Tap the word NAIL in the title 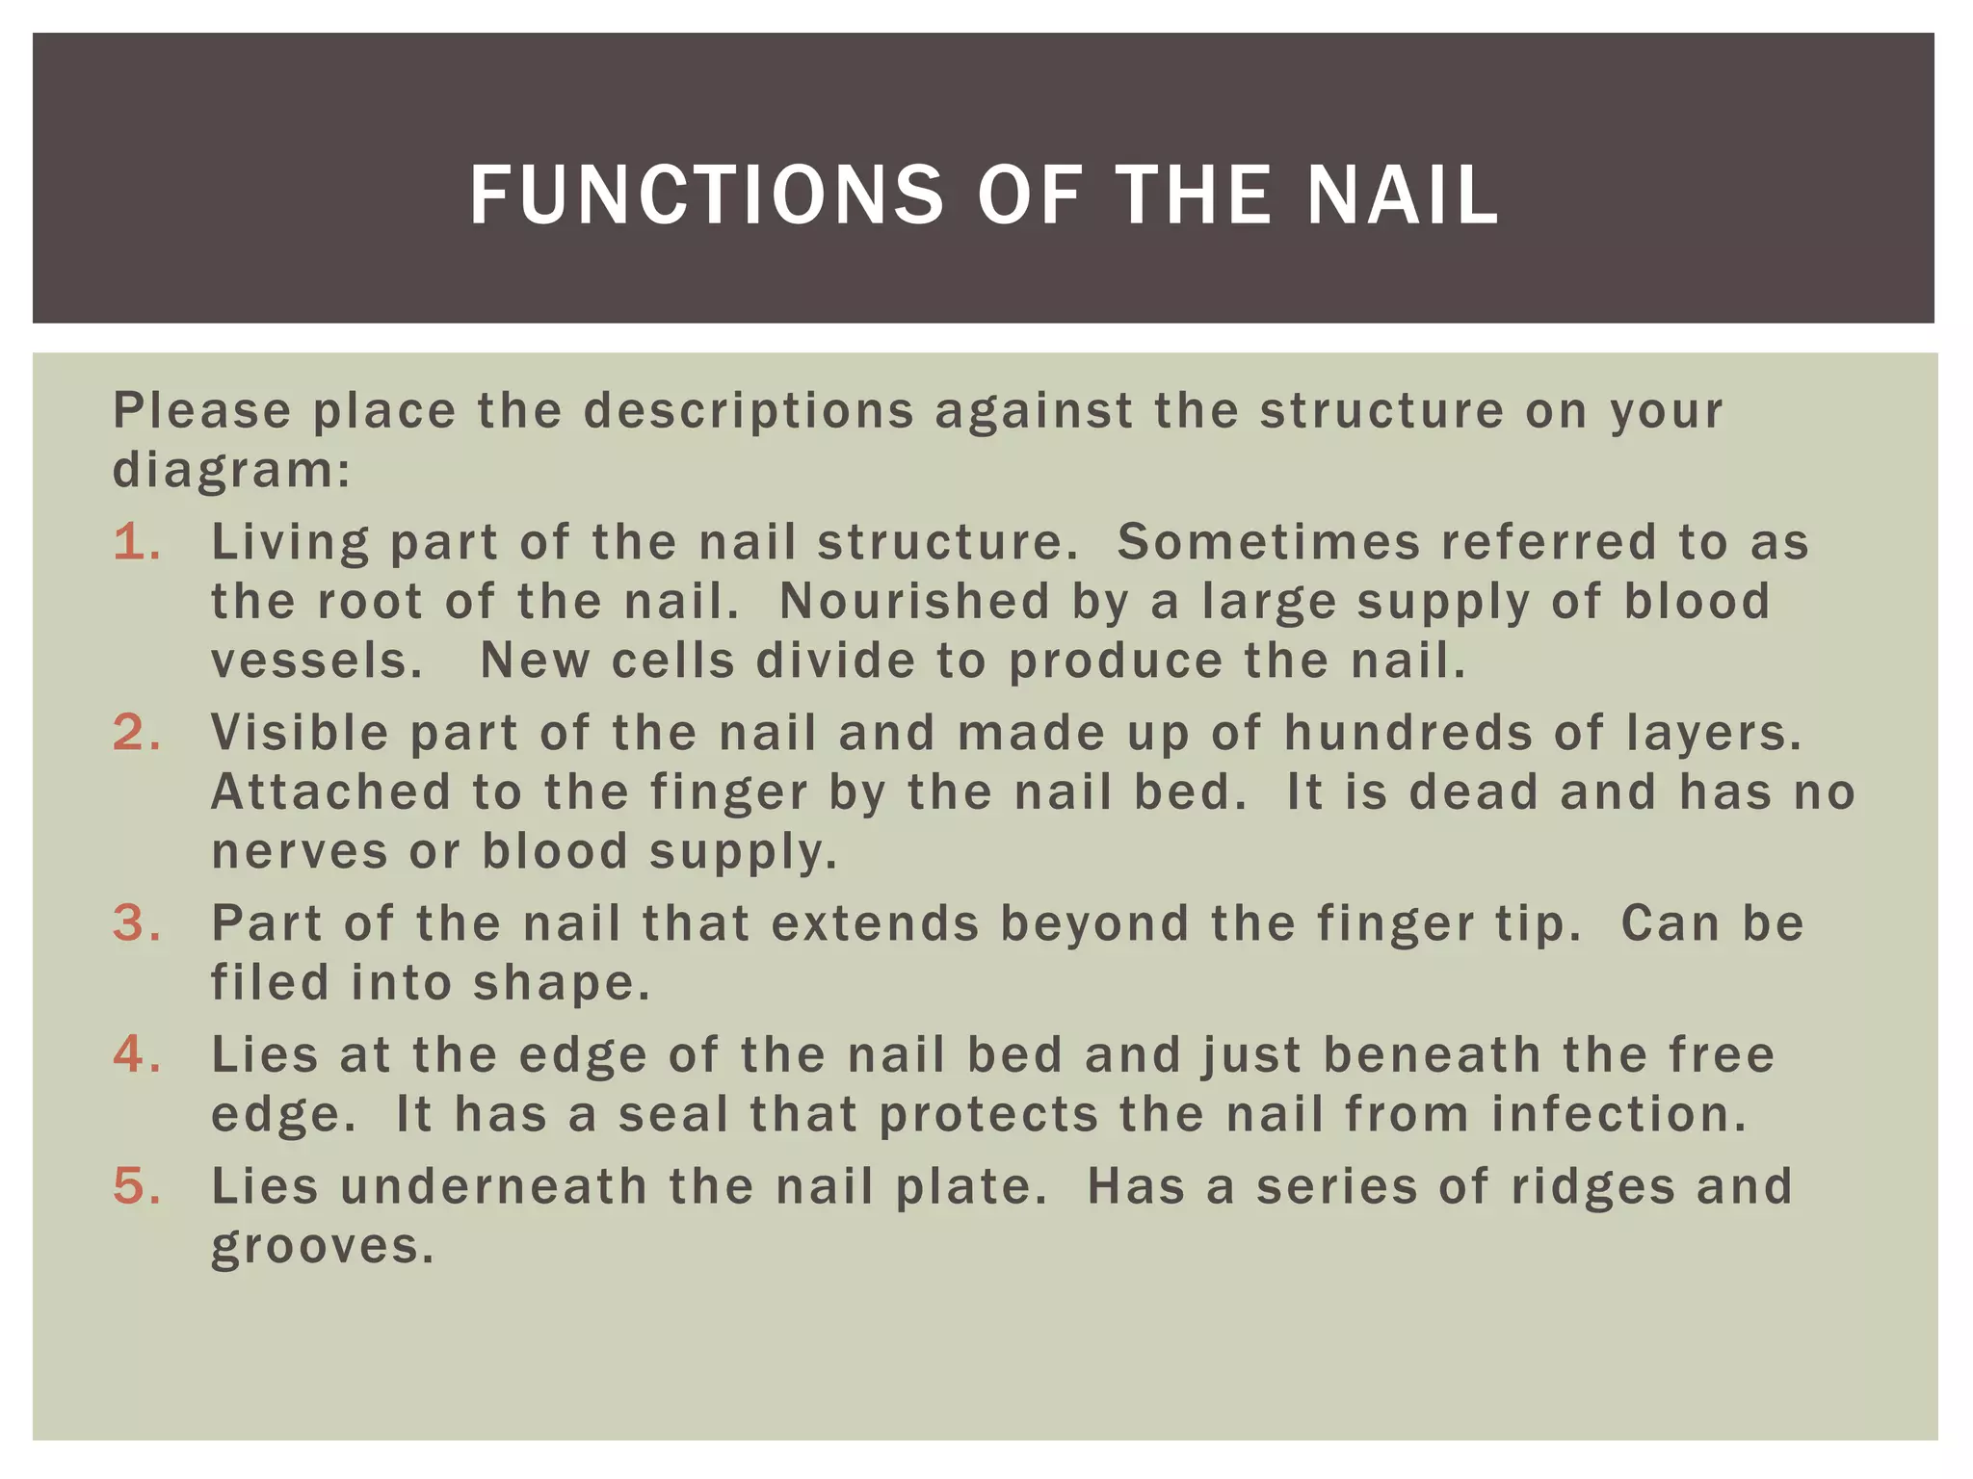1403,195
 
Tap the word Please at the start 202,411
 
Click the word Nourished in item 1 914,602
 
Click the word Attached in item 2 331,792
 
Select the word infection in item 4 1618,1114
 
